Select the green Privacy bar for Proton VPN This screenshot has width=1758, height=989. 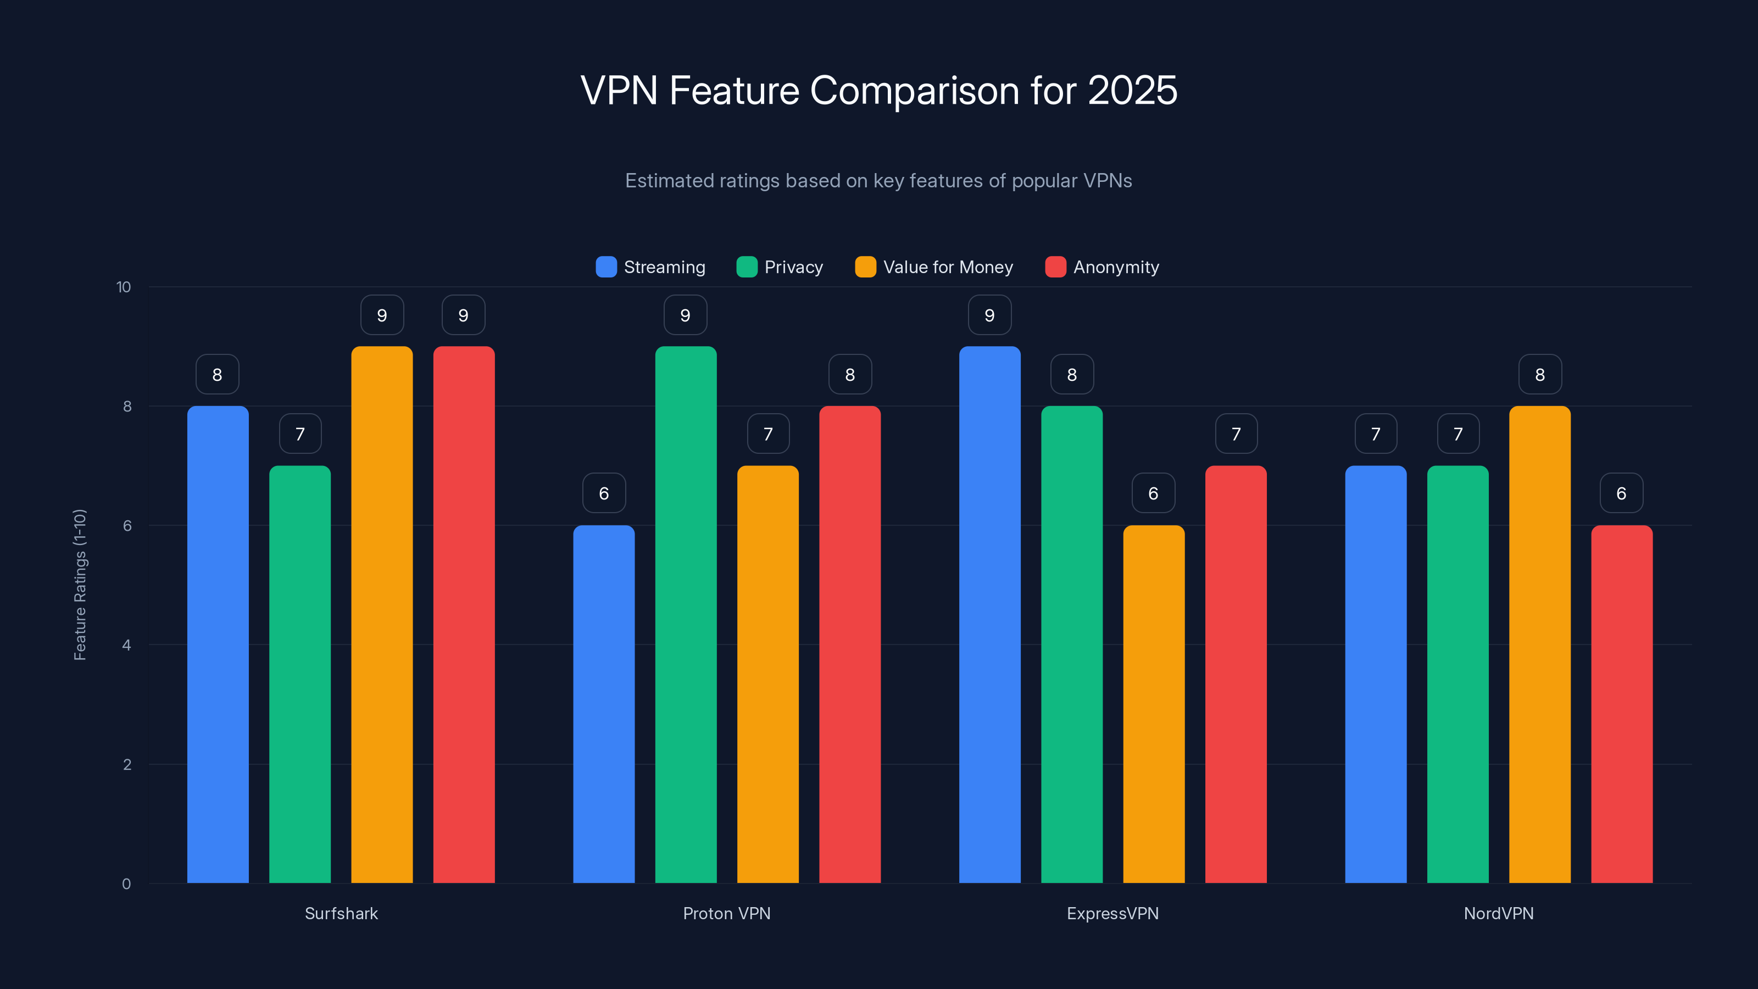pyautogui.click(x=686, y=614)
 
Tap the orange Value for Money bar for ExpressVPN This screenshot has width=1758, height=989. pyautogui.click(x=1153, y=704)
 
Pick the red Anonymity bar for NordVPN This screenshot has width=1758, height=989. pyautogui.click(x=1622, y=704)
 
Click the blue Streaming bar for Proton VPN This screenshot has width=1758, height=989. pyautogui.click(x=603, y=704)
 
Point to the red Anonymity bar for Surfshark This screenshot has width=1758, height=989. pyautogui.click(x=463, y=614)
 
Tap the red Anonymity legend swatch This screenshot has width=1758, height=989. pyautogui.click(x=1055, y=267)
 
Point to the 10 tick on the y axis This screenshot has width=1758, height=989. pyautogui.click(x=124, y=287)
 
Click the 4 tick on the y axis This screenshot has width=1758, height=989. pyautogui.click(x=126, y=645)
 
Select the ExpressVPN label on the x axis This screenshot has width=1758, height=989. pyautogui.click(x=1112, y=913)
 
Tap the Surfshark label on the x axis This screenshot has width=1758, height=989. pyautogui.click(x=341, y=913)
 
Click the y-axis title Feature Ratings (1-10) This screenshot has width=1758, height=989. pyautogui.click(x=80, y=584)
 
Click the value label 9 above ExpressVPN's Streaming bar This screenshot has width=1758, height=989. pyautogui.click(x=989, y=315)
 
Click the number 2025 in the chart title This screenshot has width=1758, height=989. pyautogui.click(x=1132, y=90)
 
